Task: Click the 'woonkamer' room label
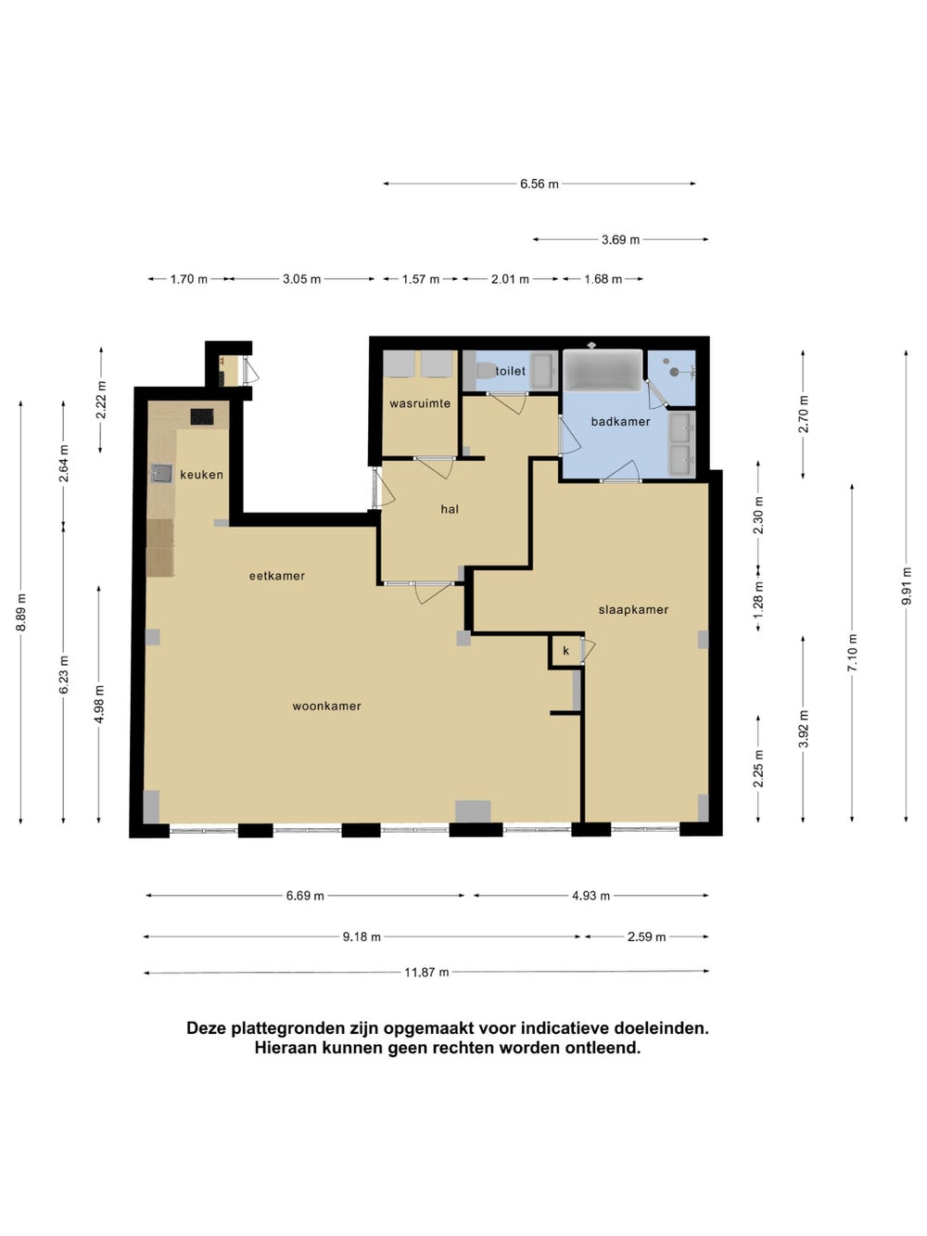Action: click(326, 707)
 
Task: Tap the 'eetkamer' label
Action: click(277, 576)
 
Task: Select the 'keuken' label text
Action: click(201, 475)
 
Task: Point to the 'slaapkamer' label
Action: click(633, 610)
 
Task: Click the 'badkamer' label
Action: click(620, 422)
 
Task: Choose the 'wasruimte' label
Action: click(420, 403)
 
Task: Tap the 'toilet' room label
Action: click(511, 371)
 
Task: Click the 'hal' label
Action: click(450, 510)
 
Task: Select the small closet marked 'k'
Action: click(565, 652)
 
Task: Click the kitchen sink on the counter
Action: click(162, 473)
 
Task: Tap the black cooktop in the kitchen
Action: click(202, 416)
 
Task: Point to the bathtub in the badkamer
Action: click(603, 370)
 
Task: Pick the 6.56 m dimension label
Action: click(540, 185)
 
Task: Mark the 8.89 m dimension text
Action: click(20, 613)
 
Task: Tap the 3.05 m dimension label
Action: click(301, 279)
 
